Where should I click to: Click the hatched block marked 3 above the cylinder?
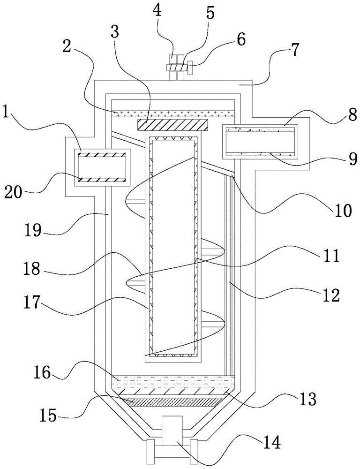tap(172, 125)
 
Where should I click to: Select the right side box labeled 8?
tap(261, 141)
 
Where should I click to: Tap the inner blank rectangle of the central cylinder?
tap(172, 244)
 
